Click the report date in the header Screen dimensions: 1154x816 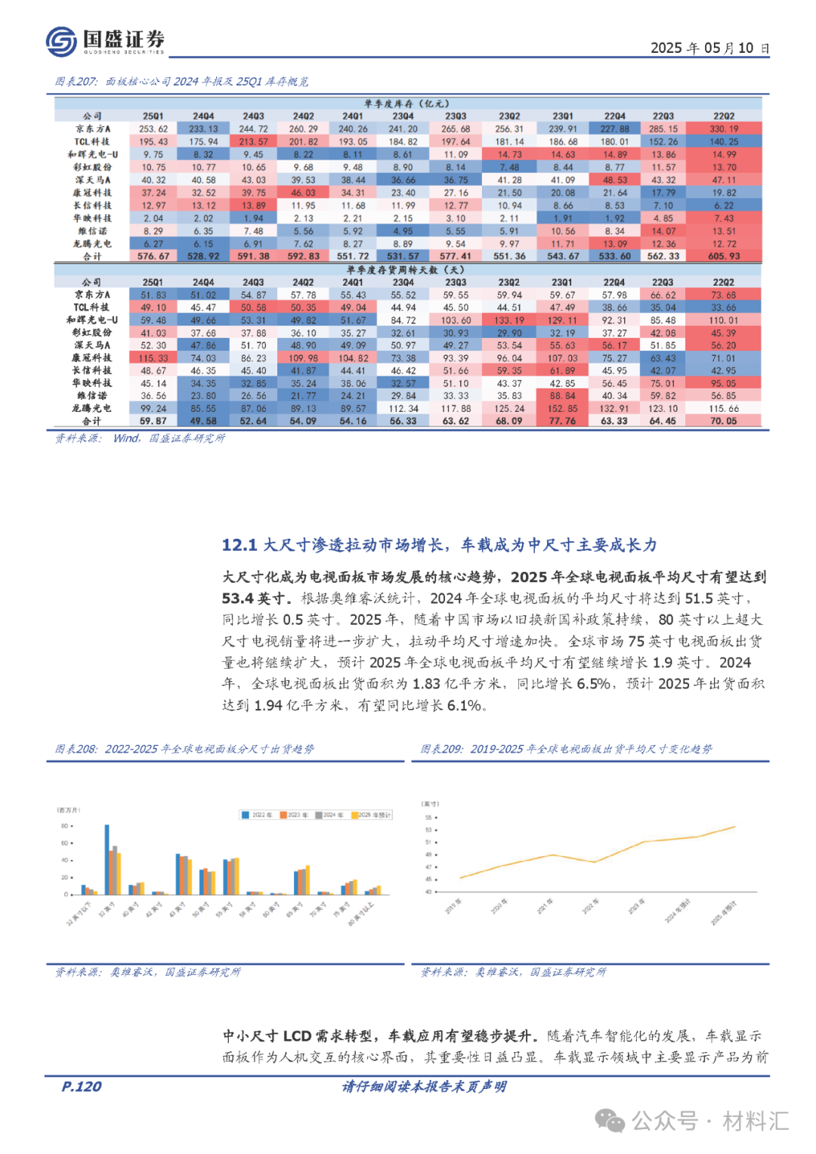[x=709, y=48]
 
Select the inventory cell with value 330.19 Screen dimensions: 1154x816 [x=724, y=129]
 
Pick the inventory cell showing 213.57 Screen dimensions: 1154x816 [x=254, y=142]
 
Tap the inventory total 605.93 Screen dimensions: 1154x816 [x=724, y=256]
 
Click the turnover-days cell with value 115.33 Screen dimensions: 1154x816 [x=153, y=358]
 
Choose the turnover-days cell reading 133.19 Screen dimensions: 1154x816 [x=509, y=320]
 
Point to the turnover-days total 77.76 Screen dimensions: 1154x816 [x=562, y=421]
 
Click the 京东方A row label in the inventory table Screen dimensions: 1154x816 [x=92, y=129]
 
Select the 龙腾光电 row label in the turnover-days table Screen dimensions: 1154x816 [x=92, y=409]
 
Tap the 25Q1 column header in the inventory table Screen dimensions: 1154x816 [x=153, y=116]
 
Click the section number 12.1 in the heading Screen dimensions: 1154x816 [x=240, y=545]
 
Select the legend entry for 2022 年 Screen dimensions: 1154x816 [x=258, y=815]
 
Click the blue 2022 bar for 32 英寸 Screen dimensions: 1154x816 [x=107, y=860]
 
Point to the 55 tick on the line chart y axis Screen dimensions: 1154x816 [x=428, y=817]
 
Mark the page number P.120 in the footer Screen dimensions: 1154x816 [x=82, y=1087]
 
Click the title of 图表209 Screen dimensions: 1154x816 [x=566, y=749]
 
